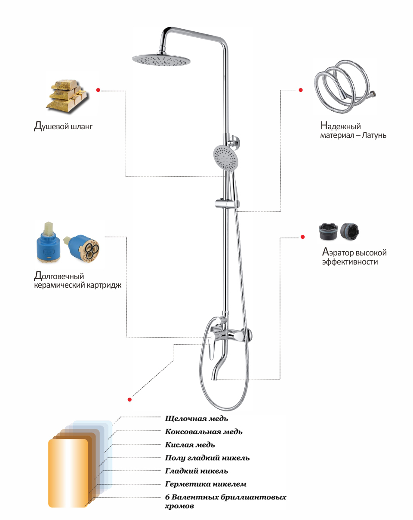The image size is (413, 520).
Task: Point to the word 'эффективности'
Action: click(349, 262)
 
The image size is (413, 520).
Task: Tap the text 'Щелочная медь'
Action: click(196, 418)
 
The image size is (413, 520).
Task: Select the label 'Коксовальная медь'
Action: click(203, 432)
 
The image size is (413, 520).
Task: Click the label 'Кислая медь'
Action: click(190, 445)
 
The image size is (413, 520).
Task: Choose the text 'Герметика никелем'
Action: click(205, 484)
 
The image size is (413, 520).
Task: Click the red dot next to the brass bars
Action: click(98, 90)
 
